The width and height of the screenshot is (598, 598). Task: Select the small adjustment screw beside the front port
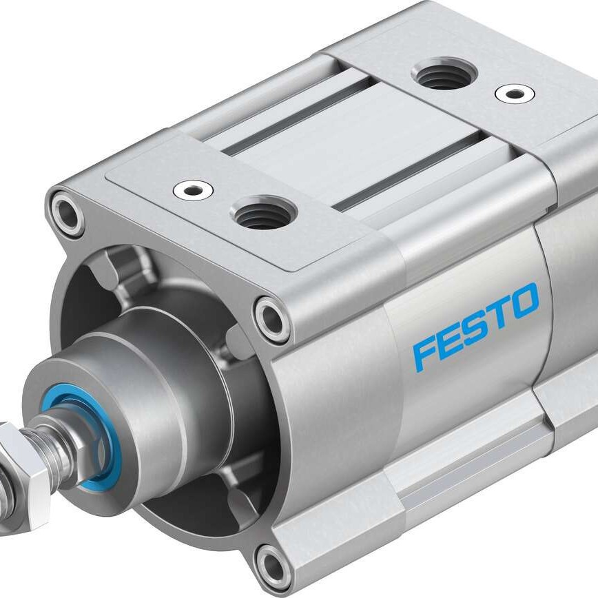click(x=193, y=189)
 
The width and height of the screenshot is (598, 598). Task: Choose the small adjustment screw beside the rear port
click(x=513, y=93)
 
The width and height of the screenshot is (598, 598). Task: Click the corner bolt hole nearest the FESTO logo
click(x=271, y=318)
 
